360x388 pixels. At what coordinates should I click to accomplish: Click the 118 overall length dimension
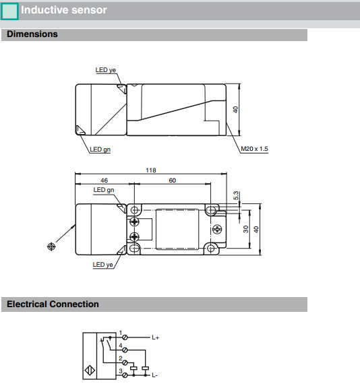151,170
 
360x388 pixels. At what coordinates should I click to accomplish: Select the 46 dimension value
104,181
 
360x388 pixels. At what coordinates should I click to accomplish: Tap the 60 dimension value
173,181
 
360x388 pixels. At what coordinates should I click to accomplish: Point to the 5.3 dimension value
236,195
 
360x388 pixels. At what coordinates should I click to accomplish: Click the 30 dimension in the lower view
245,229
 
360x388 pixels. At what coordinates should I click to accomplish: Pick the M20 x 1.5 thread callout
254,149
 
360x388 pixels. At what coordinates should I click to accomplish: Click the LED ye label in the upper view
105,70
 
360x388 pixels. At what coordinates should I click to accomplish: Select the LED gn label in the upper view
100,150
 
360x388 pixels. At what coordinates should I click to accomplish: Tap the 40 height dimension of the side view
235,110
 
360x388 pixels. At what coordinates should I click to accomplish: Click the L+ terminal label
156,337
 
